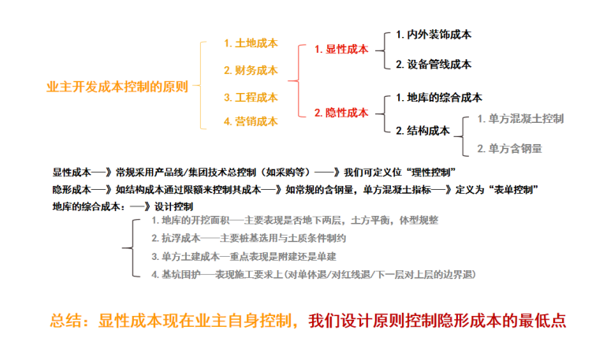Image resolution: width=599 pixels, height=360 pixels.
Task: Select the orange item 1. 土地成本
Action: coord(251,44)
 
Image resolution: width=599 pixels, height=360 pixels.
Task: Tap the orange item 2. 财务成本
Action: coord(251,71)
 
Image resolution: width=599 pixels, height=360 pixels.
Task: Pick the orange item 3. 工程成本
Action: coord(251,98)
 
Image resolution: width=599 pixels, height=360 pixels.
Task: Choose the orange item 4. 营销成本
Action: coord(251,122)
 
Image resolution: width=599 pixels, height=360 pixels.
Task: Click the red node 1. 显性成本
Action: coord(341,49)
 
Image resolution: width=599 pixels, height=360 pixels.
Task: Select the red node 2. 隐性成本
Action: coord(341,113)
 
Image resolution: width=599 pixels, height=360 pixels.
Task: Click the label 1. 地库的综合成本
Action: coord(439,98)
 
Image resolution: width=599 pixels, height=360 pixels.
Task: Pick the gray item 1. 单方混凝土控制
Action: coord(520,119)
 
